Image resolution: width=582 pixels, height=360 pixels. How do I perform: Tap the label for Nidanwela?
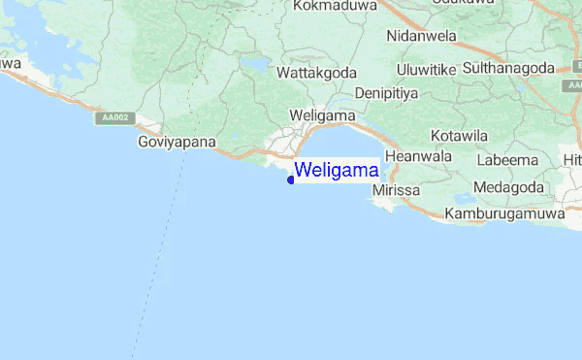click(x=421, y=35)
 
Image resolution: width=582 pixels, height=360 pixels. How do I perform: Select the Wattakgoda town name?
click(x=317, y=73)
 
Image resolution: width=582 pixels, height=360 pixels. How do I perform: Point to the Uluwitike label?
click(x=427, y=70)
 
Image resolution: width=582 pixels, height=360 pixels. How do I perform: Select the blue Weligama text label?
click(x=337, y=170)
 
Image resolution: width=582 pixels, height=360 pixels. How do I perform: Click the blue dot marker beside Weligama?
click(x=291, y=180)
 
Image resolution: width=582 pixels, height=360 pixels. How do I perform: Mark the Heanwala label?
click(x=419, y=155)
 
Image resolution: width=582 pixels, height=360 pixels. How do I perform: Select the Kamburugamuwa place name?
click(x=504, y=213)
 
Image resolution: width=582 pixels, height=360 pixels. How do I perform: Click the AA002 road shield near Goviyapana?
click(x=113, y=118)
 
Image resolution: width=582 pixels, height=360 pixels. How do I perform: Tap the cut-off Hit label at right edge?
click(x=572, y=159)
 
